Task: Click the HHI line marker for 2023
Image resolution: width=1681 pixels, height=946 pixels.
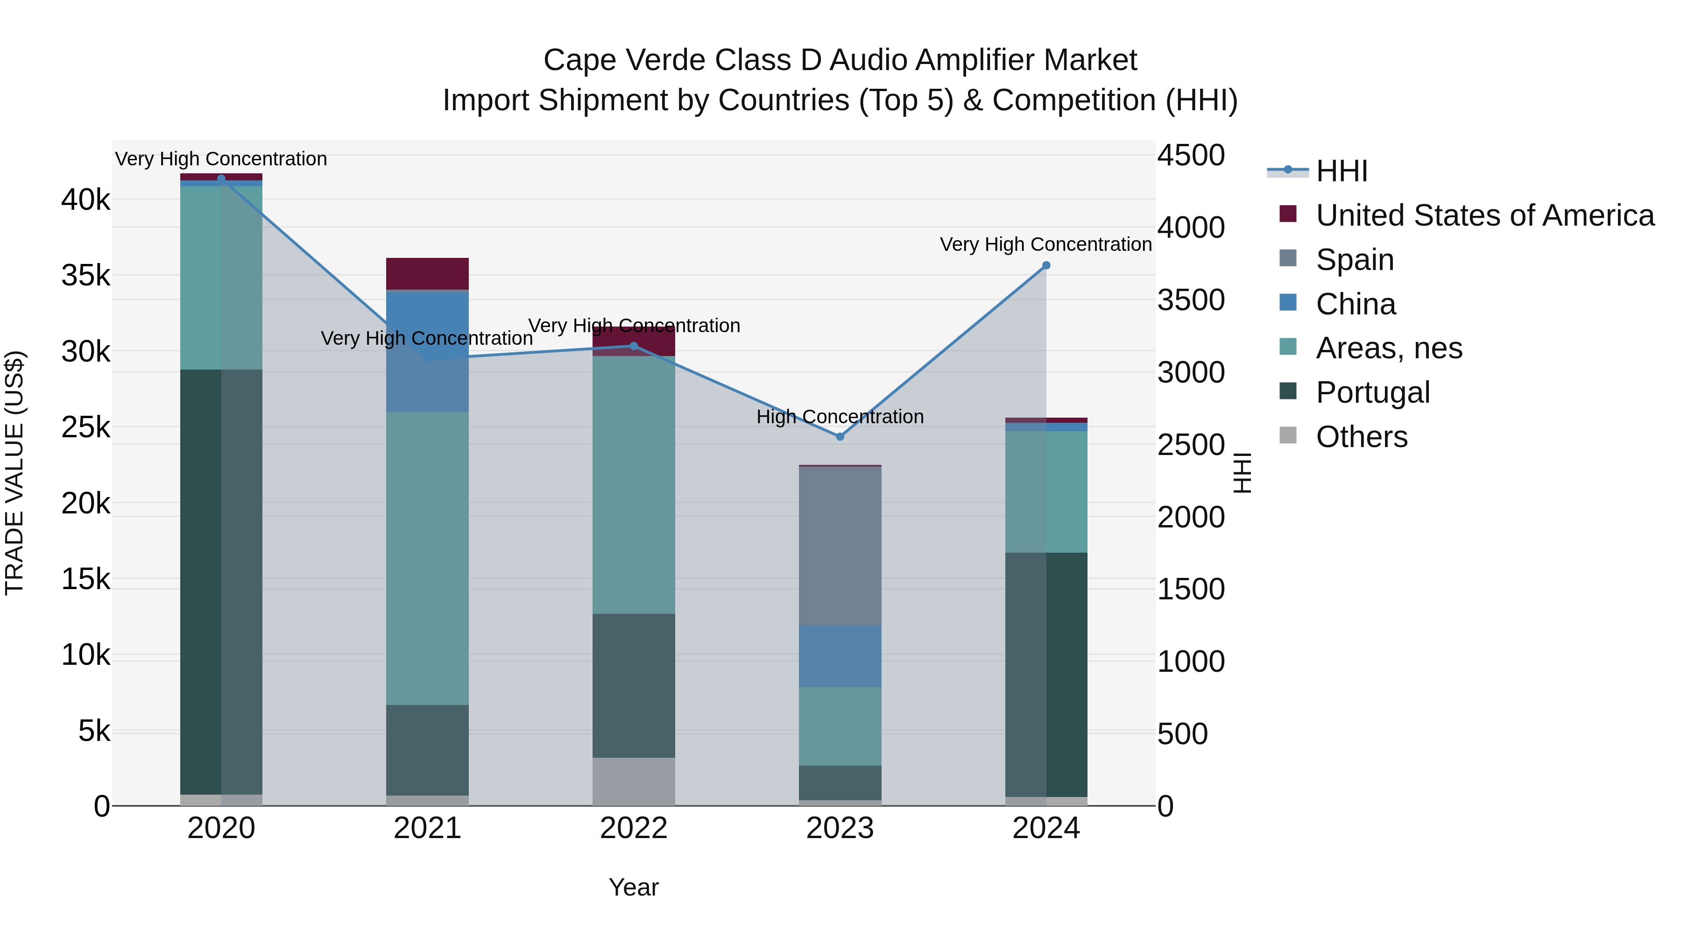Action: (x=840, y=436)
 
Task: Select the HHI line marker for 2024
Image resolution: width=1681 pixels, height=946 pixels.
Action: (x=1046, y=265)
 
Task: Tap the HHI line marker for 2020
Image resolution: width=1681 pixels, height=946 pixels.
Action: (x=221, y=178)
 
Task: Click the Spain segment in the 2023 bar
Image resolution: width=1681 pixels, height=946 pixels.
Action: (x=840, y=545)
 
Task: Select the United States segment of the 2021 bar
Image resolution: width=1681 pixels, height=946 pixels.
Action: (x=427, y=274)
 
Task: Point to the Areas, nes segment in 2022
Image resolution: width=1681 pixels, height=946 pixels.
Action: (x=634, y=484)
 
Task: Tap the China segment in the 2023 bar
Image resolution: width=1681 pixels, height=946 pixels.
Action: (x=840, y=655)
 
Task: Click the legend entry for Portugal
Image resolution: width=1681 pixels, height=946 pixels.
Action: (x=1373, y=392)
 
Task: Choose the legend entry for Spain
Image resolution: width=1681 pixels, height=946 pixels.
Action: (x=1355, y=260)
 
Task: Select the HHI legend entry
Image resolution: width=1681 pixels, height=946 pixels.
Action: (x=1342, y=171)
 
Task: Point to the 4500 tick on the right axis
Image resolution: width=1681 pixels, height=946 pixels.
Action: (x=1191, y=156)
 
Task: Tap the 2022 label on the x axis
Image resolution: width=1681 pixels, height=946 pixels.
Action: (x=634, y=828)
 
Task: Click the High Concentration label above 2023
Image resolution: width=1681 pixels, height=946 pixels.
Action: (x=840, y=417)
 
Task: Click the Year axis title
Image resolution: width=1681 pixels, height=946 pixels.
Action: (x=634, y=887)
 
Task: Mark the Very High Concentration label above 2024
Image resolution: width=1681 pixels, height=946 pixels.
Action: (x=1045, y=244)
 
